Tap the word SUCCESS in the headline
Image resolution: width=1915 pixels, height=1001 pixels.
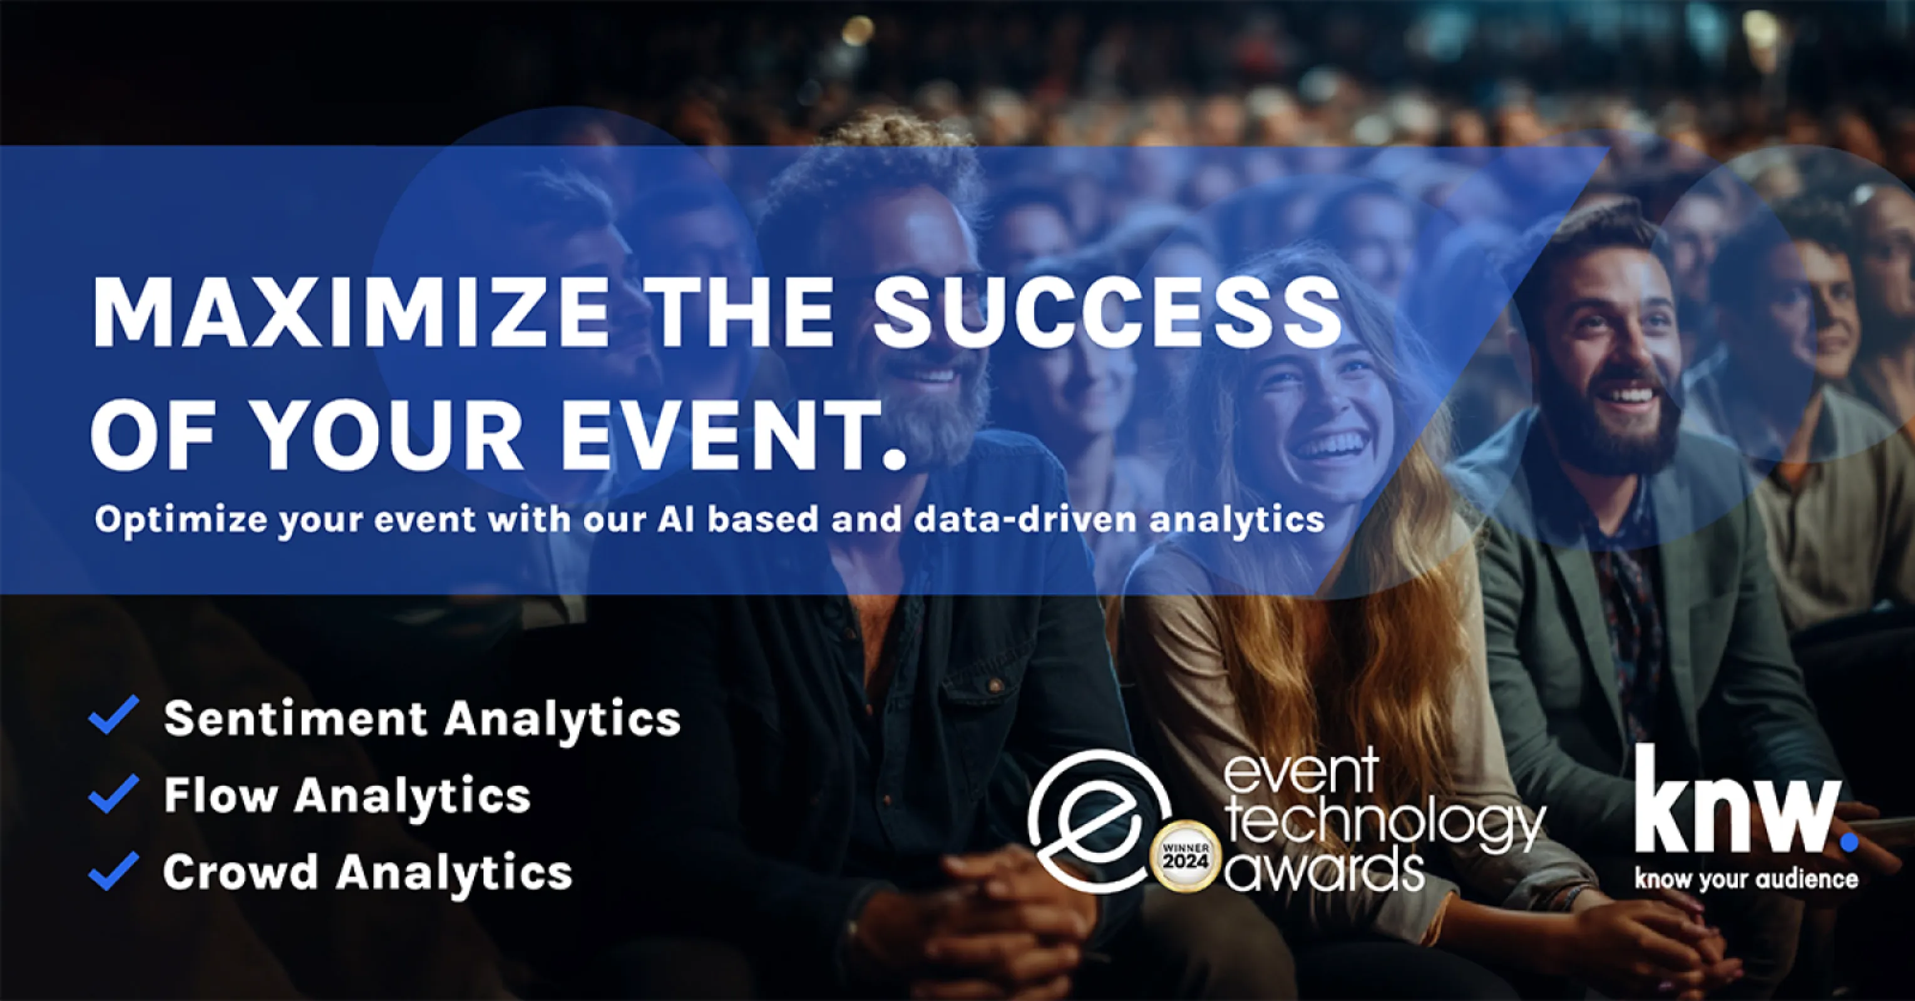[1107, 312]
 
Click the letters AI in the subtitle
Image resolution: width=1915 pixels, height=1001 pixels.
[675, 519]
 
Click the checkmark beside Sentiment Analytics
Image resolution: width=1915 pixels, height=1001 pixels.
[114, 715]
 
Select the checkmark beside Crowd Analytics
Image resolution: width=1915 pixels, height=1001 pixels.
[114, 870]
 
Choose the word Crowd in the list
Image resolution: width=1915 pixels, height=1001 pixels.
[240, 871]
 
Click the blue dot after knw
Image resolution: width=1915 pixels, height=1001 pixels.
[1849, 842]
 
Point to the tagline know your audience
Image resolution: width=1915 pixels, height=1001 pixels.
[1746, 880]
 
